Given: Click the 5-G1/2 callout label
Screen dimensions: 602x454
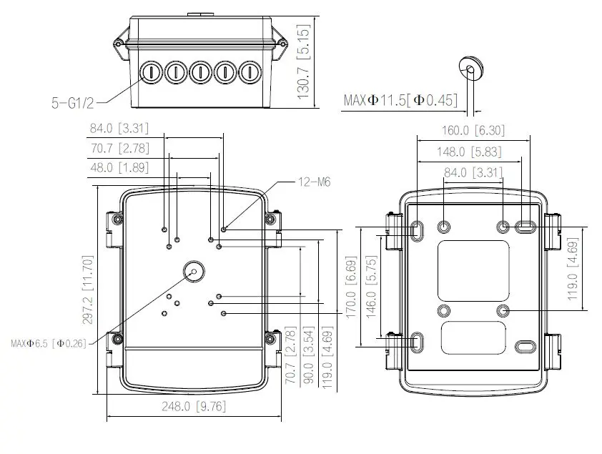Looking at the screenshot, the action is pyautogui.click(x=72, y=103).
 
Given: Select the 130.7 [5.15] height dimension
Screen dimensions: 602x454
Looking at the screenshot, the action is pyautogui.click(x=303, y=61).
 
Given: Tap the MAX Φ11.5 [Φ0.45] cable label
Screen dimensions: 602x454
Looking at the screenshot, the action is pyautogui.click(x=400, y=100).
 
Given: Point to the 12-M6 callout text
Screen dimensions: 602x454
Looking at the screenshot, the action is pyautogui.click(x=315, y=182).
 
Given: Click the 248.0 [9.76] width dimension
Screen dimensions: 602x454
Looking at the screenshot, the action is pyautogui.click(x=194, y=406).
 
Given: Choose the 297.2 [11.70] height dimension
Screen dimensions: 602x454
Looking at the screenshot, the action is pyautogui.click(x=88, y=290).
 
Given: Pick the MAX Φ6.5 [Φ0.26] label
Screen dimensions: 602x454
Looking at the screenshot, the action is pyautogui.click(x=49, y=343).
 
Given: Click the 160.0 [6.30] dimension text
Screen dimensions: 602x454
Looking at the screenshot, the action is pyautogui.click(x=473, y=131).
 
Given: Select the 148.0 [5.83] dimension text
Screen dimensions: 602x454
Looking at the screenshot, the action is pyautogui.click(x=469, y=152).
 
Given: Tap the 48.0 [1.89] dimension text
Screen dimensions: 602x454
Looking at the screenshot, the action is pyautogui.click(x=119, y=168).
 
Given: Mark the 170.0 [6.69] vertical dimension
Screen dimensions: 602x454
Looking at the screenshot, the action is pyautogui.click(x=351, y=287).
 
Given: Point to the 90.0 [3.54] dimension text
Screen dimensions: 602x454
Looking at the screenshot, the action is pyautogui.click(x=309, y=355).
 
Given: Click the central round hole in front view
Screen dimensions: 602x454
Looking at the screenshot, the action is pyautogui.click(x=194, y=271).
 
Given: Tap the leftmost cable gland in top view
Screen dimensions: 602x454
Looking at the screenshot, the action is pyautogui.click(x=152, y=71).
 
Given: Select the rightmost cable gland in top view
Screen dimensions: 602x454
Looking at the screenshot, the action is pyautogui.click(x=250, y=71).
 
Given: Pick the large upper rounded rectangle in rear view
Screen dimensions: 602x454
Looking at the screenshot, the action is pyautogui.click(x=474, y=271).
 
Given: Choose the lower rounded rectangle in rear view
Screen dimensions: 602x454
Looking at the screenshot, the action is pyautogui.click(x=474, y=338).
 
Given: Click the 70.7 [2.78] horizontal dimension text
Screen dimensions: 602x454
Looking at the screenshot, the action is pyautogui.click(x=120, y=148).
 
